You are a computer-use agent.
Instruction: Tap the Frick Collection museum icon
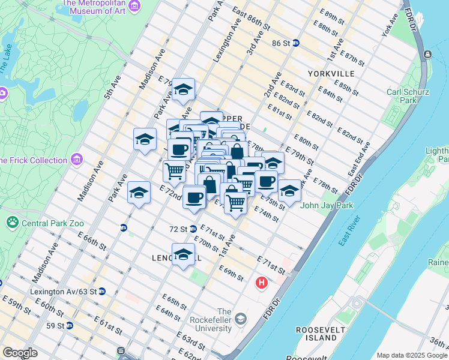click(76, 160)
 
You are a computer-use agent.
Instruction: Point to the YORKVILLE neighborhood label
click(331, 73)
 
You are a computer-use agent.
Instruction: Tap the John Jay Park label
click(327, 205)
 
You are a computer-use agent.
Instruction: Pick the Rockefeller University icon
click(241, 317)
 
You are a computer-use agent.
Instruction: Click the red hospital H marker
click(262, 282)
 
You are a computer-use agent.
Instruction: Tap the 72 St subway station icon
click(193, 229)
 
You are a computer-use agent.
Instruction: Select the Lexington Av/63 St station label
click(63, 292)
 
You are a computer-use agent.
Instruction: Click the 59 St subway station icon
click(70, 326)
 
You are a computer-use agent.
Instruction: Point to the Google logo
click(20, 353)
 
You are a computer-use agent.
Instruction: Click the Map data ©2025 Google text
click(411, 355)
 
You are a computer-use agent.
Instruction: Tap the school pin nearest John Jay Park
click(289, 191)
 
